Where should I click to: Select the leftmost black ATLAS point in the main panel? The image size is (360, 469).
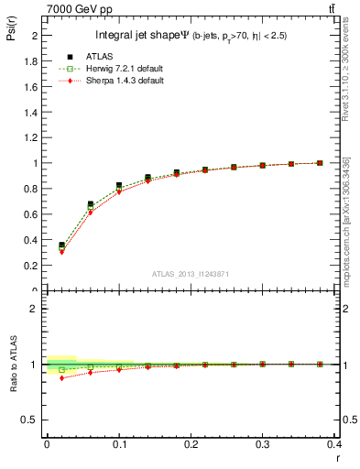click(61, 245)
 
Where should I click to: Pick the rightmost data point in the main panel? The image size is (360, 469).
click(320, 163)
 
